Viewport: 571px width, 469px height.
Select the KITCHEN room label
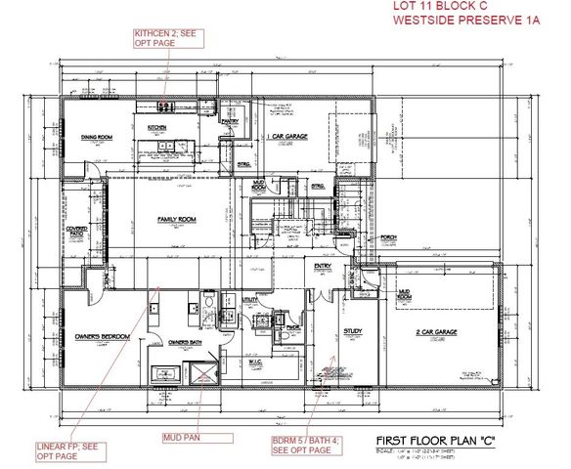[x=157, y=128]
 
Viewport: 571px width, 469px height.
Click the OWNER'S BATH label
[x=185, y=342]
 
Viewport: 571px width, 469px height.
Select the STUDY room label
[x=353, y=332]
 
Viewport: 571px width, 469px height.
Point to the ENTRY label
[x=323, y=266]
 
